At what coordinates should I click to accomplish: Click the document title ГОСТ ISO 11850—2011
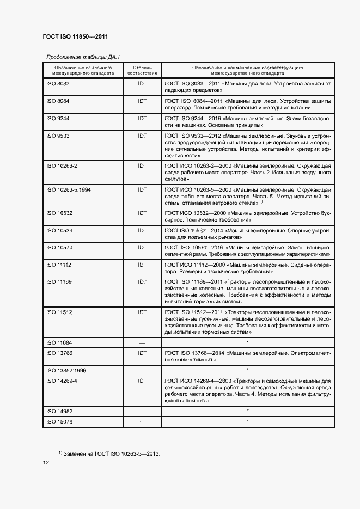point(75,37)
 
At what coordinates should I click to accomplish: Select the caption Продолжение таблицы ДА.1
point(83,57)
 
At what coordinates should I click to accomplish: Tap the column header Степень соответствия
point(142,70)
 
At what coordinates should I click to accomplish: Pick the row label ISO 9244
point(58,118)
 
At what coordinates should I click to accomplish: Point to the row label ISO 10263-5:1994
point(68,189)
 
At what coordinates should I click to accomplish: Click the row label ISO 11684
point(60,342)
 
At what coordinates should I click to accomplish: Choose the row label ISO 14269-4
point(62,381)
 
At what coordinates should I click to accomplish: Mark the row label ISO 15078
point(60,421)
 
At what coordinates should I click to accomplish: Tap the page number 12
point(46,463)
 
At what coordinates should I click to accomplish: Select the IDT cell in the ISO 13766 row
point(142,353)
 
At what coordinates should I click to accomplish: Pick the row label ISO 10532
point(60,213)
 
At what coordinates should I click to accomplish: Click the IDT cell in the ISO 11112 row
point(142,265)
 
